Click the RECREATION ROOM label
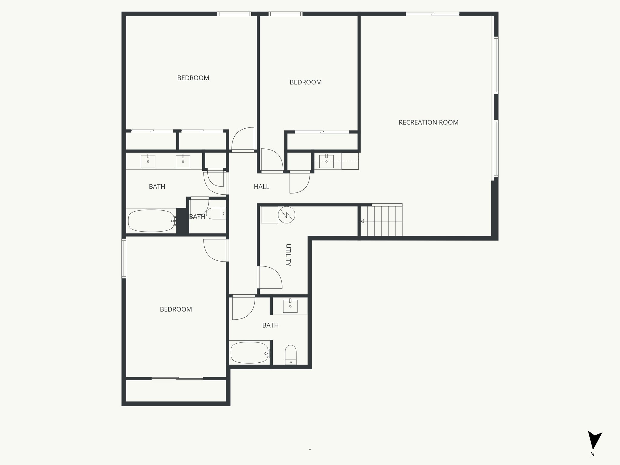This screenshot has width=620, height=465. (x=428, y=122)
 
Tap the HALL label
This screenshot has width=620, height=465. (x=261, y=187)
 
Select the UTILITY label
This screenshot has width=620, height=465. (x=288, y=255)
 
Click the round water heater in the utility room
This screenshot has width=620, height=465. (x=286, y=215)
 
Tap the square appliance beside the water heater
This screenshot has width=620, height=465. (x=269, y=215)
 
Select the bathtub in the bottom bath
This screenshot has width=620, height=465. (x=249, y=353)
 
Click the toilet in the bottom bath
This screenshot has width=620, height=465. (x=291, y=355)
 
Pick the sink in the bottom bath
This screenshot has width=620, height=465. (x=290, y=306)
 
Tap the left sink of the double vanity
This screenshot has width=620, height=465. (x=148, y=161)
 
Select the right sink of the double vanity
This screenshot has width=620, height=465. (x=183, y=161)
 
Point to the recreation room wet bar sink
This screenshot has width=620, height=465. (x=326, y=161)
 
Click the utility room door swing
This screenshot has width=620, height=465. (x=269, y=277)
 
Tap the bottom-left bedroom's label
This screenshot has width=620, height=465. (x=176, y=309)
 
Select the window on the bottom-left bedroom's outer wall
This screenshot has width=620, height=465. (x=124, y=258)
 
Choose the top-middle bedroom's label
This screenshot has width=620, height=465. (x=305, y=82)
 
